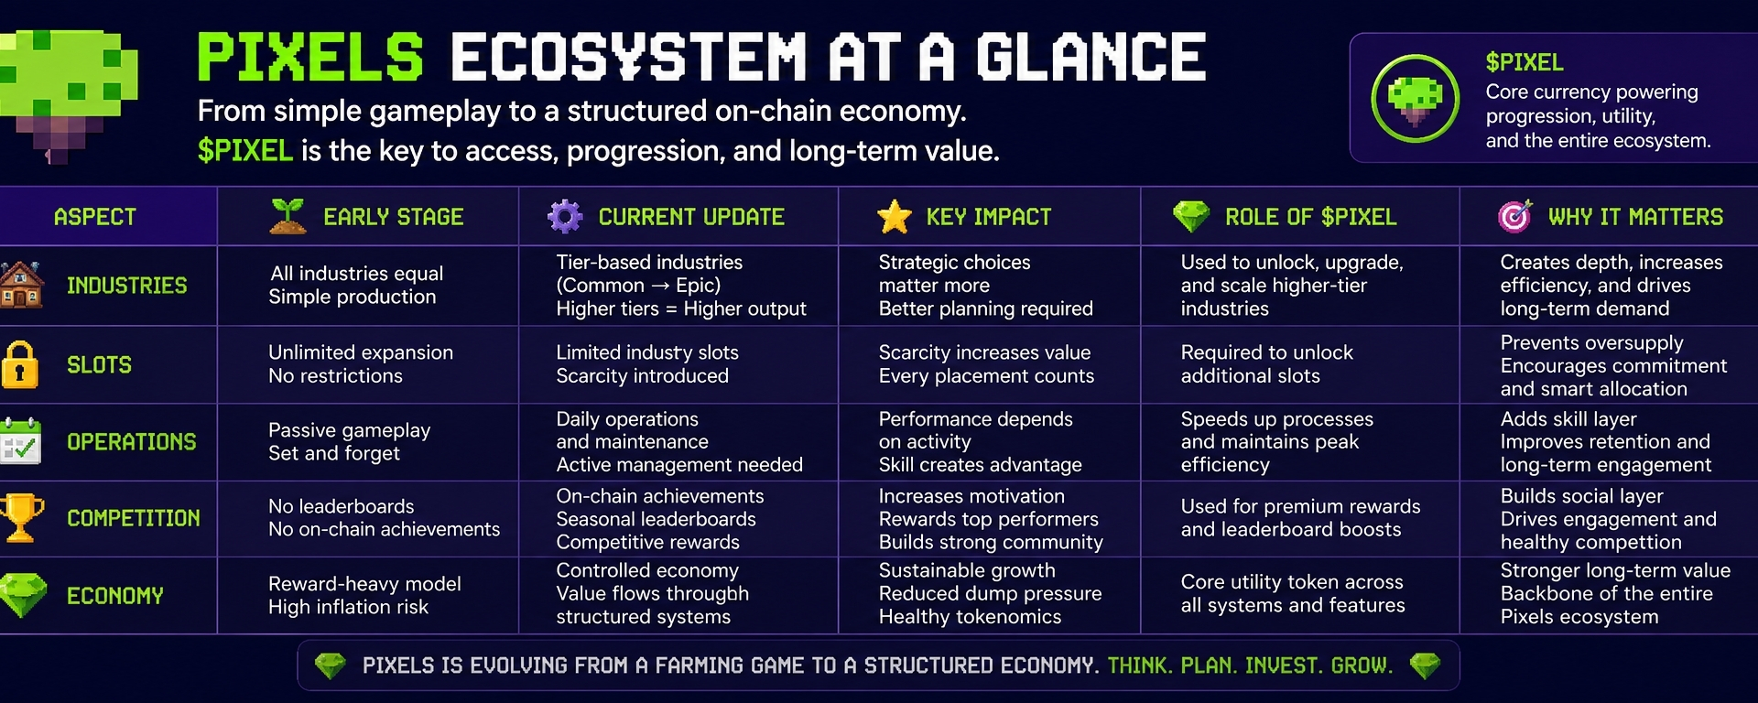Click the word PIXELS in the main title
(310, 57)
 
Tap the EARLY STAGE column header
(394, 217)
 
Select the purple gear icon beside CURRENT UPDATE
(565, 216)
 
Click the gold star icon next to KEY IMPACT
(894, 217)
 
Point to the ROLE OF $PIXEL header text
(1310, 217)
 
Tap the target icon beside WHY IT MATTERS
(1514, 216)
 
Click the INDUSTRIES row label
(127, 286)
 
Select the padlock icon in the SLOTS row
(20, 364)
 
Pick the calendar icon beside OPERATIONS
(20, 441)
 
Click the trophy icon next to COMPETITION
(21, 518)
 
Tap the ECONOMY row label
(115, 596)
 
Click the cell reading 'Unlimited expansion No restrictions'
(361, 364)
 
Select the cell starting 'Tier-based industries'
(681, 286)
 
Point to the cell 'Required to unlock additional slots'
(1267, 364)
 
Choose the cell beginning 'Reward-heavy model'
(364, 595)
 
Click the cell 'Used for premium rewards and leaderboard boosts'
(1300, 518)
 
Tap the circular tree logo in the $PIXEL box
(1415, 98)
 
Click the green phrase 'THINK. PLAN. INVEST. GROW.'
(1250, 665)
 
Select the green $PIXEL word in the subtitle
(245, 150)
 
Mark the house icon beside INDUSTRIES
(21, 285)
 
